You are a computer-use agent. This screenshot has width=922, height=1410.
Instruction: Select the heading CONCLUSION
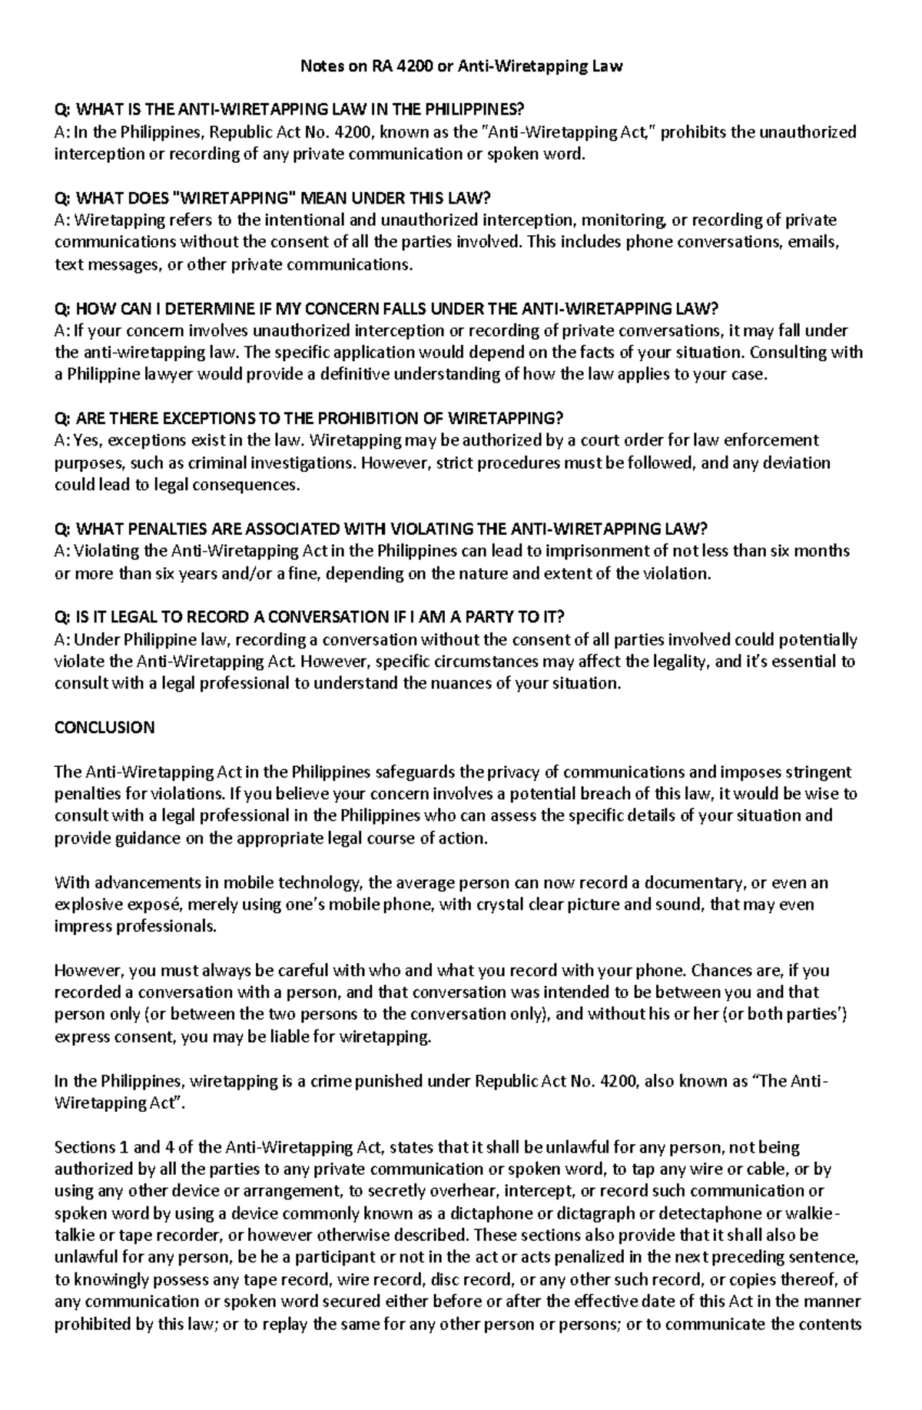tap(104, 728)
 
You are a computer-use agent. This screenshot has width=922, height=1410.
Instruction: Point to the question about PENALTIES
tap(380, 529)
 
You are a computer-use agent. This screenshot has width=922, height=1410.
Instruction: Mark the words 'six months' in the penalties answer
tap(811, 552)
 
